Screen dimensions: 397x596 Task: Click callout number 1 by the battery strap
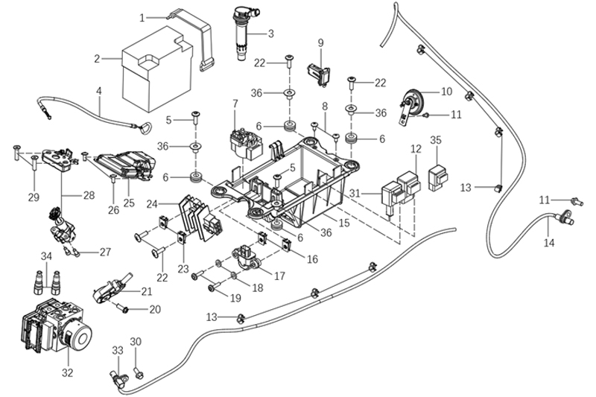coord(143,15)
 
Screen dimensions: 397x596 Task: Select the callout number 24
coord(152,202)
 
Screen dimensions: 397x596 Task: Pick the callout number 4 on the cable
coord(98,91)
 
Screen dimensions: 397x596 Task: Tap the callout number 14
coord(550,243)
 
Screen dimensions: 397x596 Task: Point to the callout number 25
coord(128,202)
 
